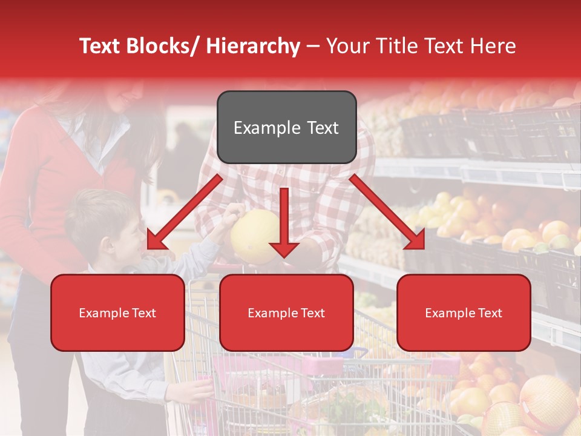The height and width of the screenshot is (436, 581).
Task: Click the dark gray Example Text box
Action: click(286, 127)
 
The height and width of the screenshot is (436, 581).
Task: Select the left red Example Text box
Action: click(117, 312)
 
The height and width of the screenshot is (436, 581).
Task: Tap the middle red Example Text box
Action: click(286, 312)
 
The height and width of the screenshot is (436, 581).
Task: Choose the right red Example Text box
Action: click(464, 312)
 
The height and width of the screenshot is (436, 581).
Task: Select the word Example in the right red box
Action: click(447, 313)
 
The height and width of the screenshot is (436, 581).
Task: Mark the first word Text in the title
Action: click(100, 46)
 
